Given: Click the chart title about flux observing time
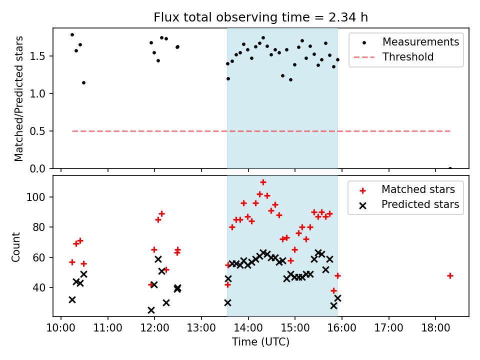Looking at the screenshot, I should [260, 18].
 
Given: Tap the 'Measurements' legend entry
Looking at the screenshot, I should [420, 42].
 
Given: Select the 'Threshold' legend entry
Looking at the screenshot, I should [408, 57].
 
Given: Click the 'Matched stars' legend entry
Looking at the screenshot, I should [418, 189].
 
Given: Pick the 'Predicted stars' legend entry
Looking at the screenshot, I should [420, 204].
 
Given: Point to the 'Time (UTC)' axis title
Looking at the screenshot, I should [260, 342].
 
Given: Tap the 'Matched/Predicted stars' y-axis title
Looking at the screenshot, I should [19, 98].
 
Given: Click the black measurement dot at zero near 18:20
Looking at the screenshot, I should [450, 168].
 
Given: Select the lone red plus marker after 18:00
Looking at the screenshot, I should [450, 275].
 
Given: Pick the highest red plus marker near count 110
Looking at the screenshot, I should [263, 182].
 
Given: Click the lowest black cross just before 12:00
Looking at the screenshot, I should [151, 310].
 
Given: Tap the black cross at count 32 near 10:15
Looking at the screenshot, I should [72, 299].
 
